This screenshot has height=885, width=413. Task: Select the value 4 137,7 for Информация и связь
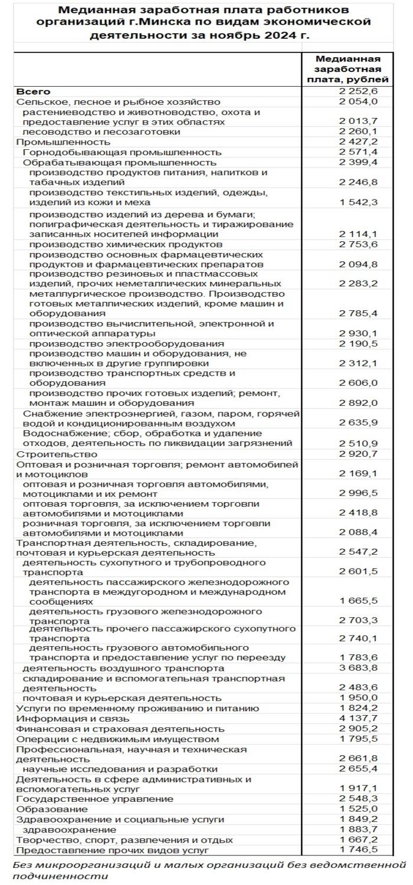click(358, 719)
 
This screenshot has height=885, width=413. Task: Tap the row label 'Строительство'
click(57, 454)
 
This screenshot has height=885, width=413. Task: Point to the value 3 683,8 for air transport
click(358, 668)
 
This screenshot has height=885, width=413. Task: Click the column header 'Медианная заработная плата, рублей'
click(348, 68)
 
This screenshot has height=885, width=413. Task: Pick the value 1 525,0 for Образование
click(358, 809)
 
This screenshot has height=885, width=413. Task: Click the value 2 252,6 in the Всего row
click(358, 91)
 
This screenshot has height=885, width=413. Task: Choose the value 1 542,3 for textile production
click(358, 202)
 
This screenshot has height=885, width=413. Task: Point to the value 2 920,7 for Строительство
click(358, 454)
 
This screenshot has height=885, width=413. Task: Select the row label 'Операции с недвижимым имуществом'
click(117, 739)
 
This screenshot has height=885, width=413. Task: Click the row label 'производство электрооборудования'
click(126, 343)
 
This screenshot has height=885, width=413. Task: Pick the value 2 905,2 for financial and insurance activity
click(358, 729)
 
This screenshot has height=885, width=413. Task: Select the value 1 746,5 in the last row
click(358, 850)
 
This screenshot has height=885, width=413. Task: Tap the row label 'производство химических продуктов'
click(126, 244)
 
